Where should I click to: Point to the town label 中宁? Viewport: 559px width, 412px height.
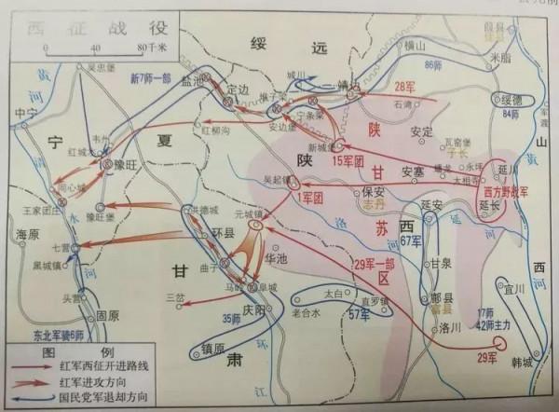pyautogui.click(x=31, y=114)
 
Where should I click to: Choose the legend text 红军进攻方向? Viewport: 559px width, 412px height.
pyautogui.click(x=82, y=380)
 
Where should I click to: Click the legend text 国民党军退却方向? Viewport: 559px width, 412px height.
pyautogui.click(x=89, y=396)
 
